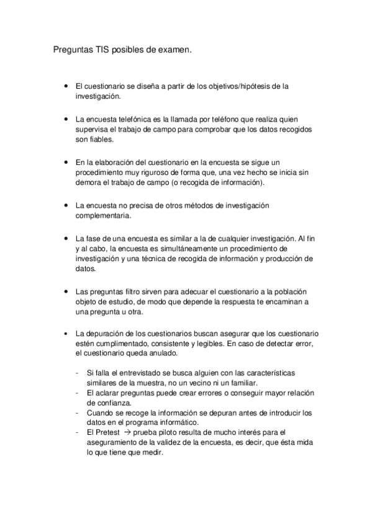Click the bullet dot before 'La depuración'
coord(66,333)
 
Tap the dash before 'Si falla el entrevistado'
coord(76,372)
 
